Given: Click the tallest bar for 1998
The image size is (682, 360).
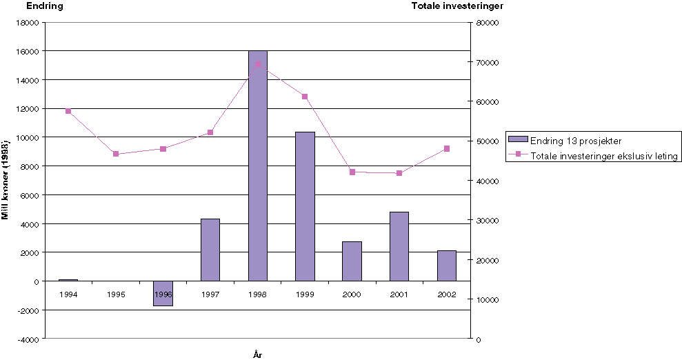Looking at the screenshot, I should pyautogui.click(x=257, y=166).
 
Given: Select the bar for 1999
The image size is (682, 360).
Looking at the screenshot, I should pyautogui.click(x=305, y=206).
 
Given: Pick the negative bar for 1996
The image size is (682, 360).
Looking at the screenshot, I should pyautogui.click(x=163, y=293).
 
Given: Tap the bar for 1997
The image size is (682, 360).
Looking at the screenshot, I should pyautogui.click(x=210, y=250).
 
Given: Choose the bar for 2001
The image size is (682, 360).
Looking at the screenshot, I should pyautogui.click(x=399, y=246).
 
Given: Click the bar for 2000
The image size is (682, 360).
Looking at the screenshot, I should pyautogui.click(x=352, y=261).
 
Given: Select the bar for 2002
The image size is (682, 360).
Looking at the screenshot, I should pyautogui.click(x=447, y=266).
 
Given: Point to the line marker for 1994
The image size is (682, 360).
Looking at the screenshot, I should pyautogui.click(x=68, y=111).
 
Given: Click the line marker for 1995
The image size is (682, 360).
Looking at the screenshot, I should pyautogui.click(x=116, y=154).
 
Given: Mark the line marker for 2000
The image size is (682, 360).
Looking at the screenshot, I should pyautogui.click(x=352, y=172).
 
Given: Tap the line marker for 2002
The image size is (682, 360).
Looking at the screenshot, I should pyautogui.click(x=447, y=148).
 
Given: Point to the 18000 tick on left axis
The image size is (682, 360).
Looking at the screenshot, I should pyautogui.click(x=27, y=22).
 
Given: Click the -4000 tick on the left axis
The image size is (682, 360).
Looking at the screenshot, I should pyautogui.click(x=27, y=339).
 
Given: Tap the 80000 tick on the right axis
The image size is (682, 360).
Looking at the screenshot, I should pyautogui.click(x=487, y=22).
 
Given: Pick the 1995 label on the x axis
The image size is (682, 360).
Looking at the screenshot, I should pyautogui.click(x=116, y=294).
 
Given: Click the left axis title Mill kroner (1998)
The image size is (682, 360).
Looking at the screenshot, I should pyautogui.click(x=6, y=178).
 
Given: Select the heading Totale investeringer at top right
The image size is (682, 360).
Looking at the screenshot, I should pyautogui.click(x=457, y=6).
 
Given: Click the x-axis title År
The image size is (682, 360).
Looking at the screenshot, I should pyautogui.click(x=257, y=354).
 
